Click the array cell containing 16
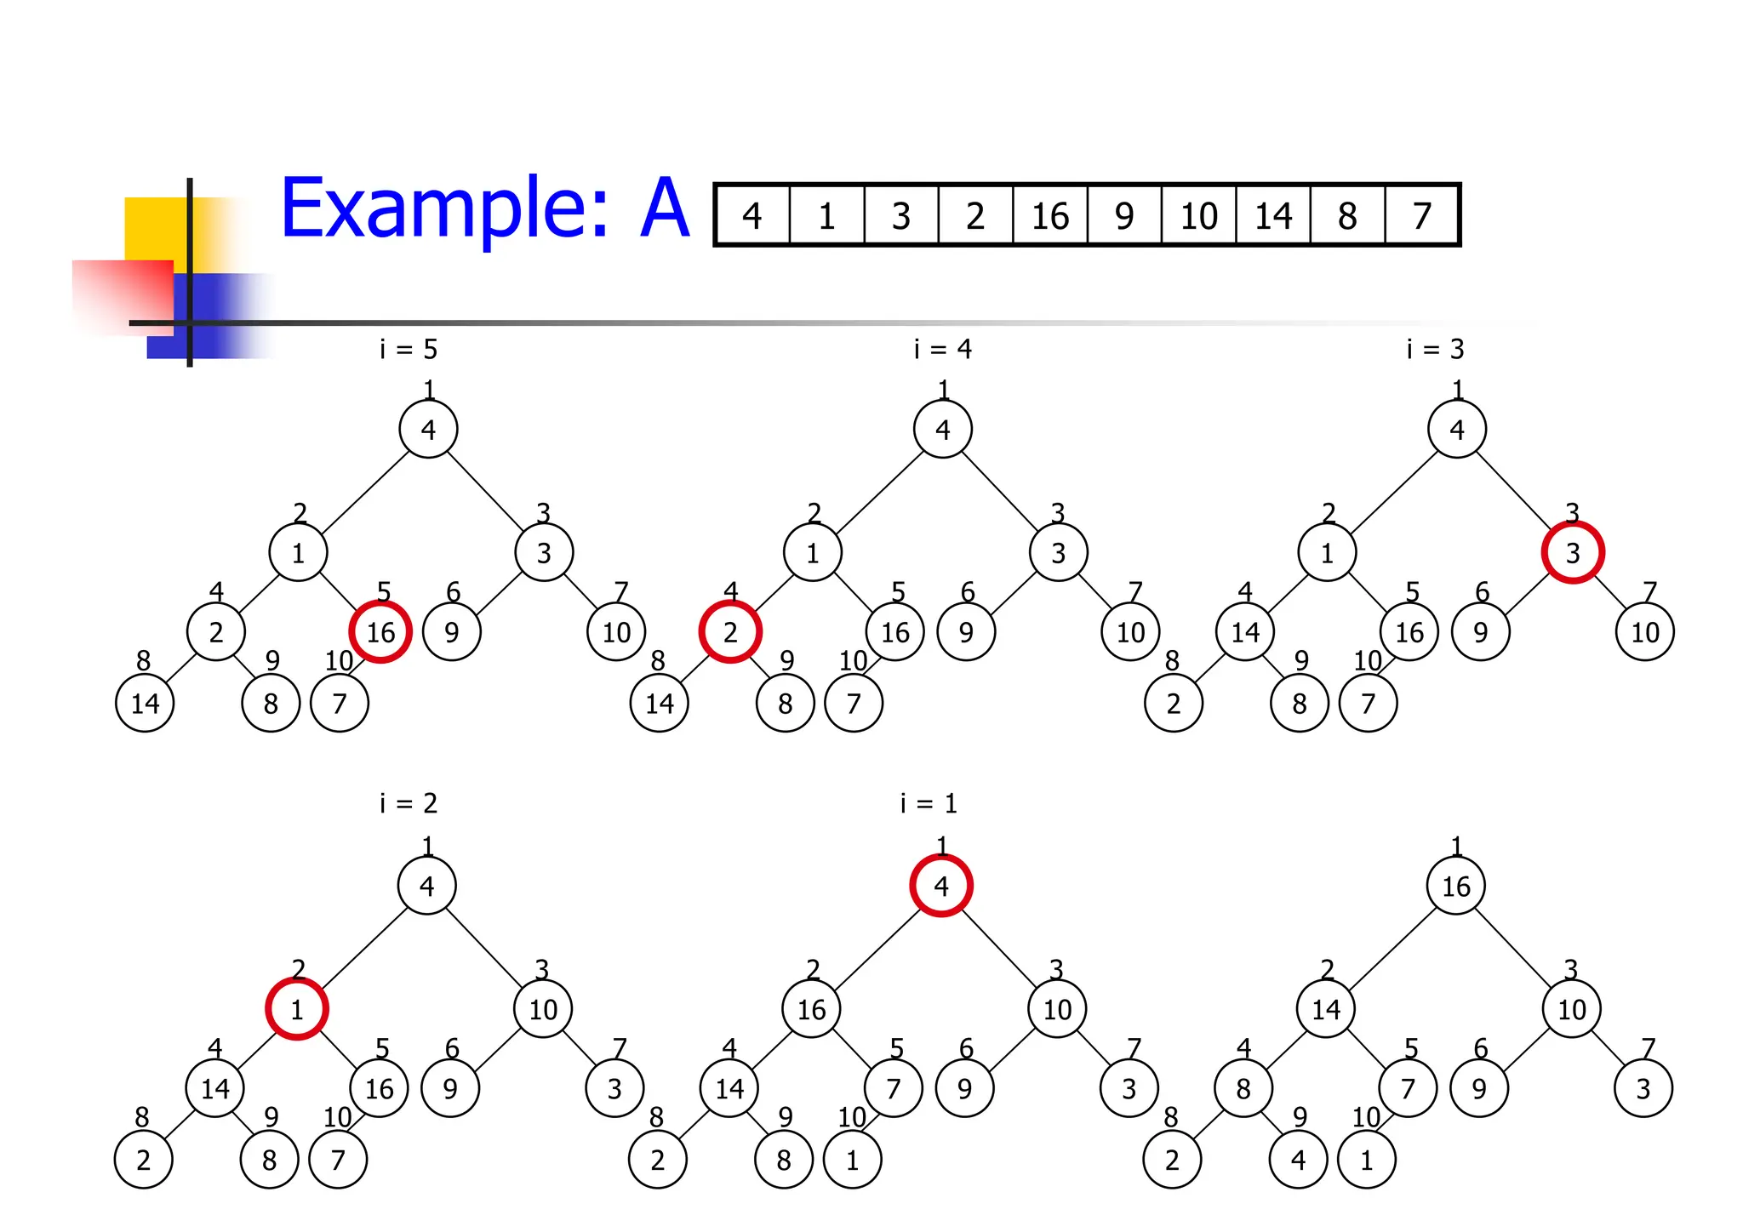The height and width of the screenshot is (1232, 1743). (x=1049, y=216)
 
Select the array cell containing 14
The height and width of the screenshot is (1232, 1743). (x=1273, y=216)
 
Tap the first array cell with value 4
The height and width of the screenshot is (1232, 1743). (x=751, y=216)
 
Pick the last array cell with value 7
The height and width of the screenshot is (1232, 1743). (x=1422, y=216)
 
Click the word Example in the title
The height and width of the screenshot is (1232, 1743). (x=444, y=208)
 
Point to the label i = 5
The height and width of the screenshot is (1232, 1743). (x=409, y=349)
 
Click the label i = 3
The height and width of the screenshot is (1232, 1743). (x=1435, y=349)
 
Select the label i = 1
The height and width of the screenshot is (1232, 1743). (x=929, y=803)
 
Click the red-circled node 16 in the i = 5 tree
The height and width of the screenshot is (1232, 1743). (x=380, y=632)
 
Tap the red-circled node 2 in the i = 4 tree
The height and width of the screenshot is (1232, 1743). (x=730, y=632)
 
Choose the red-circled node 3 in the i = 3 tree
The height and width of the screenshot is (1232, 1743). (x=1573, y=553)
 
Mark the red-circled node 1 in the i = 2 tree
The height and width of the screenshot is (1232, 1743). (x=297, y=1009)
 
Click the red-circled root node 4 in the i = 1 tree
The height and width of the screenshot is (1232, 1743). (x=941, y=886)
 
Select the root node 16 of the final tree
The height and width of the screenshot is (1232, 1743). (x=1456, y=886)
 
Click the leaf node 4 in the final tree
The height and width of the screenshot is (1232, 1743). (x=1298, y=1160)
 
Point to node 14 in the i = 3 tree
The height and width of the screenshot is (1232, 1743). (x=1245, y=632)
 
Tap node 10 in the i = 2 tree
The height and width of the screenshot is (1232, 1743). (x=543, y=1009)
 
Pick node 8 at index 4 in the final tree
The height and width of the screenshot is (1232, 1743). (x=1243, y=1088)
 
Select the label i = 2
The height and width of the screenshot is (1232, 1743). (x=409, y=803)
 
